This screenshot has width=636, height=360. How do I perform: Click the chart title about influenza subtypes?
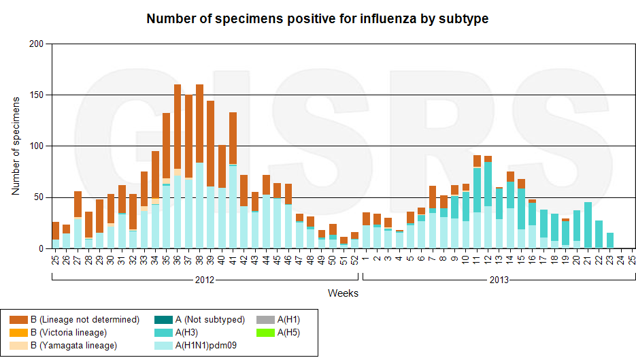(318, 19)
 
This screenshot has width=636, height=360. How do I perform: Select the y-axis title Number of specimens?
(16, 146)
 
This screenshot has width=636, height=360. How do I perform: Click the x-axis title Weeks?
(343, 293)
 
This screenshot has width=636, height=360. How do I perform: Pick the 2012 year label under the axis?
(205, 280)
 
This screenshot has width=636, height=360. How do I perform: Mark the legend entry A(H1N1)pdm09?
(210, 346)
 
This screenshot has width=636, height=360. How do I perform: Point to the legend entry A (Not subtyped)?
(209, 320)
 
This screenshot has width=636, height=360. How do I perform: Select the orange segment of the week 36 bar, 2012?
(178, 129)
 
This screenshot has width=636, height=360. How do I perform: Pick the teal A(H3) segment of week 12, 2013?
(488, 184)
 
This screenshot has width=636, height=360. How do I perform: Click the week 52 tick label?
(355, 259)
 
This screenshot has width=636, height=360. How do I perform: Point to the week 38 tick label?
(200, 259)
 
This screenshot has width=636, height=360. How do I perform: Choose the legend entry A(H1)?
(284, 320)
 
